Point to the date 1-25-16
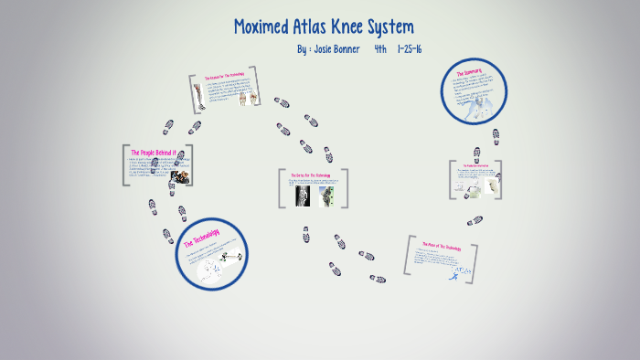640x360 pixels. coord(410,48)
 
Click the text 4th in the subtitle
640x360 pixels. coord(380,48)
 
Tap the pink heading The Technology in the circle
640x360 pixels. coord(202,238)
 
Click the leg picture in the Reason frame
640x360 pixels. coord(197,92)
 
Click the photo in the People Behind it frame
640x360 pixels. coord(180,176)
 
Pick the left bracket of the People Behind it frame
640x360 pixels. coord(124,165)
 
